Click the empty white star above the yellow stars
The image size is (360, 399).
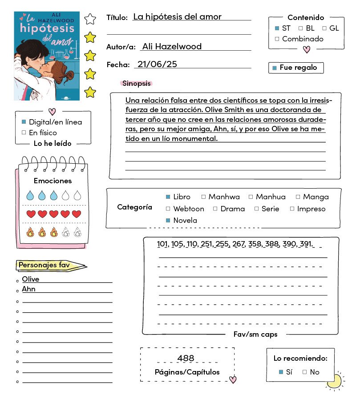90,19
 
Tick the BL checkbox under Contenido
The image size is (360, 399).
300,28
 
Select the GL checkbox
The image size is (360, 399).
324,28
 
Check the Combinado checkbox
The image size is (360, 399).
277,39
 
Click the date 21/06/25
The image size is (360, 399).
157,64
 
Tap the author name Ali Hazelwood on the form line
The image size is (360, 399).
171,46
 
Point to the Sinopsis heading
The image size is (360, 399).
136,83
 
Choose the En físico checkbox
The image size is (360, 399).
24,133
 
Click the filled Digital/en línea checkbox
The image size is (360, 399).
24,122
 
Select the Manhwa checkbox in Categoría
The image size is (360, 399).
203,197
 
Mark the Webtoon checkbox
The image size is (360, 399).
168,209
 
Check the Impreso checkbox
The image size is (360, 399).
292,209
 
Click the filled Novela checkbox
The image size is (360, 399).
168,220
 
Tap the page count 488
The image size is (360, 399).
186,358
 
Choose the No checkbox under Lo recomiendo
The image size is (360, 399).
305,372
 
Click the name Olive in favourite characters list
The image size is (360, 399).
31,279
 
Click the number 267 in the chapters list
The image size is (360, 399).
239,244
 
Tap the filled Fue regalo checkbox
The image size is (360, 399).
275,68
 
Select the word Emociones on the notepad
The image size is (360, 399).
53,181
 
